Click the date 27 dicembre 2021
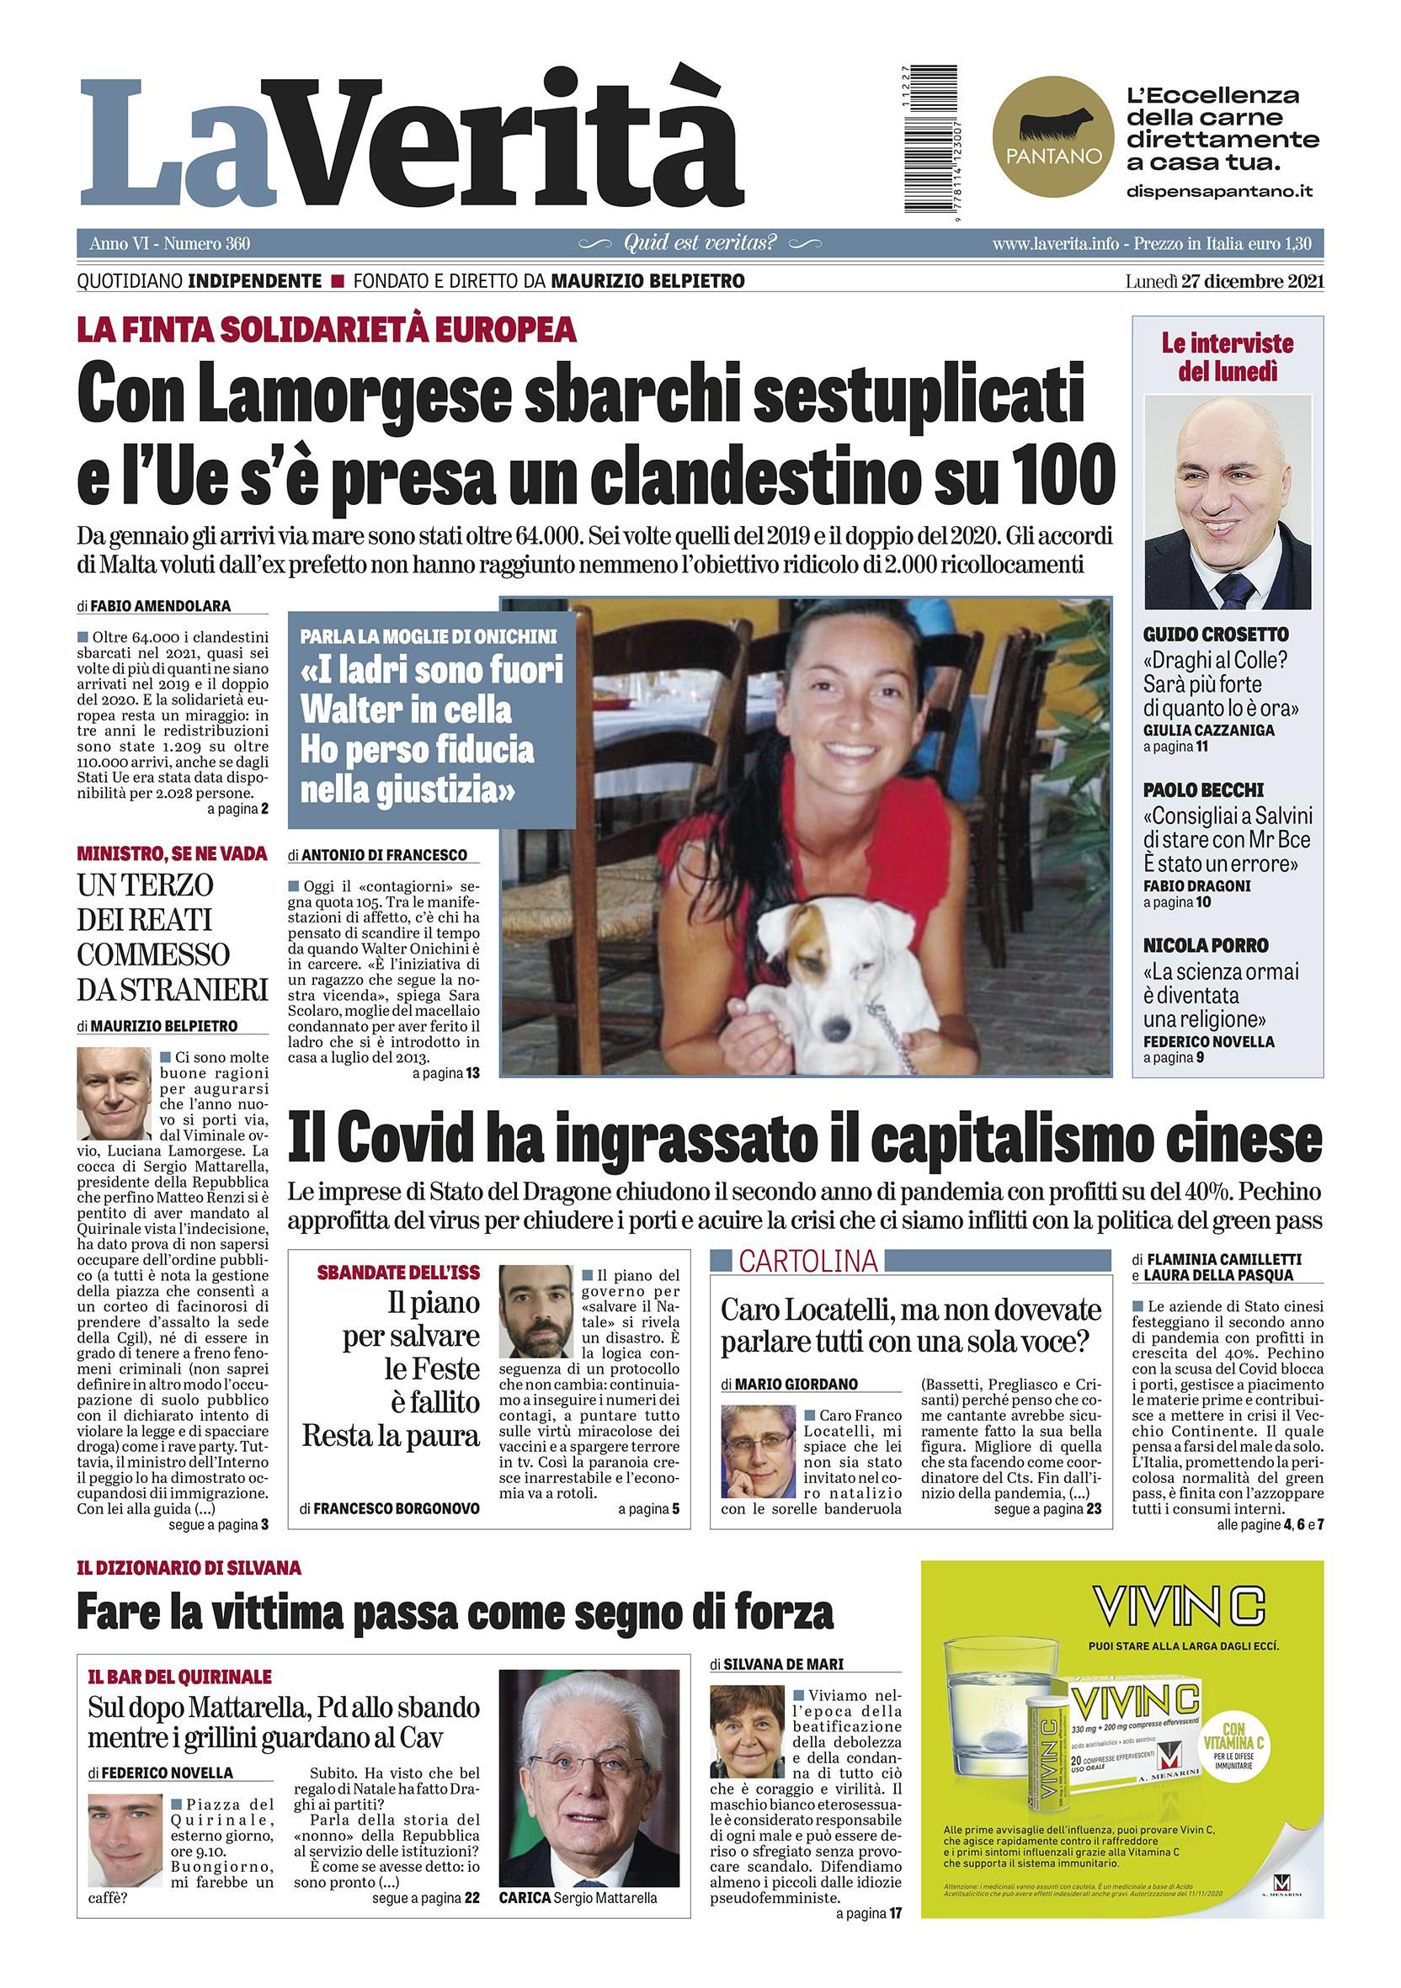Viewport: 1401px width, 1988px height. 1250,280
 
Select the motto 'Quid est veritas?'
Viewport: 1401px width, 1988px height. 700,243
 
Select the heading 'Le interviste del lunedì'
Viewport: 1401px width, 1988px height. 1227,357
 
